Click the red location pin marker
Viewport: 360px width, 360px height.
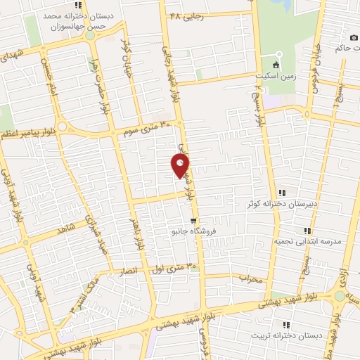[181, 166]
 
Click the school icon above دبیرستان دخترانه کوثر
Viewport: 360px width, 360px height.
[282, 193]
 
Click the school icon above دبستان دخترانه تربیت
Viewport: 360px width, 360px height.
[286, 324]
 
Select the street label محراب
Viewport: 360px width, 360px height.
[250, 279]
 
